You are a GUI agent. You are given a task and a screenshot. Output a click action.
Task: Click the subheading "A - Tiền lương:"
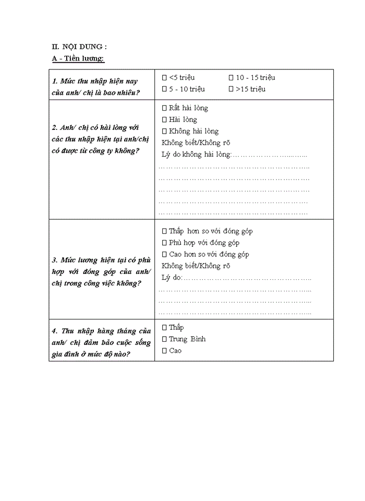tap(78, 58)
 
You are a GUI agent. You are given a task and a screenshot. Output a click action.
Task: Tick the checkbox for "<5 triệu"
tap(164, 78)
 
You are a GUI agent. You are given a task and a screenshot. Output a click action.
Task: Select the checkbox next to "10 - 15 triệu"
tap(231, 78)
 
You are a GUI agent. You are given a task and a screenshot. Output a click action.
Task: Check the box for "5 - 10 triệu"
tap(164, 89)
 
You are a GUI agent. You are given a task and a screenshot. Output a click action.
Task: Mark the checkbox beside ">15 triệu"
tap(231, 89)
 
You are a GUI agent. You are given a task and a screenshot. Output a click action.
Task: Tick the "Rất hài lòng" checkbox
tap(164, 108)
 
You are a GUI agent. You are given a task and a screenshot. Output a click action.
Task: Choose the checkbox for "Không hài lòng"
tap(164, 131)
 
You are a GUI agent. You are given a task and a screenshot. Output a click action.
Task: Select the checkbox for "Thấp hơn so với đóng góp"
tap(164, 231)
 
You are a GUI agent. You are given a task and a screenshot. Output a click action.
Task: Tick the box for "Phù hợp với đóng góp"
tap(164, 243)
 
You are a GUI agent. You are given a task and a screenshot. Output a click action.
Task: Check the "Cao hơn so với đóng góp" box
tap(164, 254)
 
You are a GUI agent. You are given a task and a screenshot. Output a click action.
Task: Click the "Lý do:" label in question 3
tap(172, 277)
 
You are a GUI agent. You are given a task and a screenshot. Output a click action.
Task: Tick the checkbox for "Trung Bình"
tap(164, 339)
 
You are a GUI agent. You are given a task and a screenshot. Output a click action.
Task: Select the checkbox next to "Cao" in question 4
tap(164, 351)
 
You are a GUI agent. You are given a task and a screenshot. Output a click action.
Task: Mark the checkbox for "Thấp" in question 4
tap(164, 328)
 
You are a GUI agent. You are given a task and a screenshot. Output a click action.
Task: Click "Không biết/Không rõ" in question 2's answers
tap(196, 142)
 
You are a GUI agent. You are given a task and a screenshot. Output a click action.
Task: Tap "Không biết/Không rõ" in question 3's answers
tap(196, 266)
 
